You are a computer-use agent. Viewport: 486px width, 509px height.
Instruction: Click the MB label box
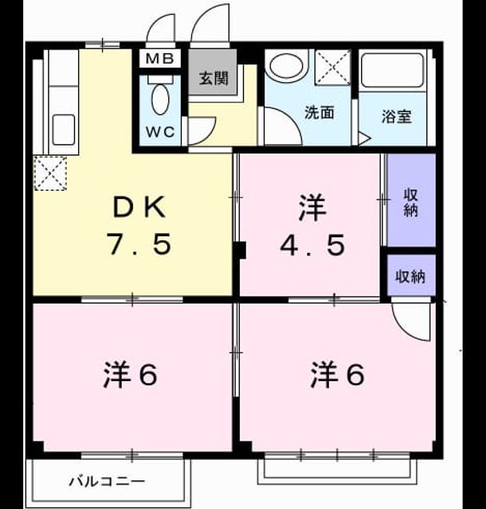click(159, 59)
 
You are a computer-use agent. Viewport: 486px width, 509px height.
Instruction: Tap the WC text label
click(160, 132)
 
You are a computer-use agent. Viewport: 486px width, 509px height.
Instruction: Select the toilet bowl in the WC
click(160, 99)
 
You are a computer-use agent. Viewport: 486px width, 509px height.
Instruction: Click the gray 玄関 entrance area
click(213, 72)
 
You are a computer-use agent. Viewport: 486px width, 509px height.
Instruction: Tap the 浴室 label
click(397, 117)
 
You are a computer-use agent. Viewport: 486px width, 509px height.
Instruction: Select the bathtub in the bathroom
click(393, 71)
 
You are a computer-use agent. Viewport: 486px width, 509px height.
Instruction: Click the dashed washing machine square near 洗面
click(332, 67)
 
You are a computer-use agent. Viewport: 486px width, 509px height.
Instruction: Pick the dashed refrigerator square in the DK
click(50, 173)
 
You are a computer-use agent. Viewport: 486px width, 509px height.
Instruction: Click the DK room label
click(139, 208)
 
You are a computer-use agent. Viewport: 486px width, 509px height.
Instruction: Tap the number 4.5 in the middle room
click(312, 246)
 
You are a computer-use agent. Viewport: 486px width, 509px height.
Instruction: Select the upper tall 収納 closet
click(411, 200)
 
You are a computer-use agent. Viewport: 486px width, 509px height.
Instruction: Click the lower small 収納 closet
click(411, 275)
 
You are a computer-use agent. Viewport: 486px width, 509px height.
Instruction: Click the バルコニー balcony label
click(107, 480)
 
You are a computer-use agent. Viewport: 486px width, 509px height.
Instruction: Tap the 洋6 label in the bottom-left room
click(131, 375)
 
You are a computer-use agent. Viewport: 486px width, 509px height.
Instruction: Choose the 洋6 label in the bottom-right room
click(337, 375)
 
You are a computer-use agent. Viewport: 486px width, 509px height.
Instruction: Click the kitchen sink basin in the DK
click(64, 130)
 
